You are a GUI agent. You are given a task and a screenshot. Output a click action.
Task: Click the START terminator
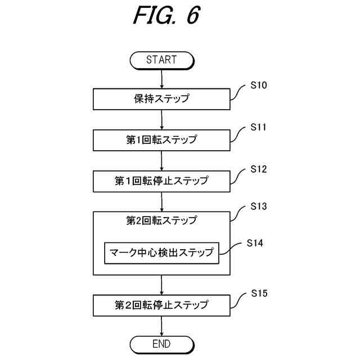point(162,60)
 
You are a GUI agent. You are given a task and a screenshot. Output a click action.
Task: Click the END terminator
point(162,344)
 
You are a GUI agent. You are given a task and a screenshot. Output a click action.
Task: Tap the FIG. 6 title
point(166,15)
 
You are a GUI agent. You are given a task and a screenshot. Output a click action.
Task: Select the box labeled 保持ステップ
point(161,99)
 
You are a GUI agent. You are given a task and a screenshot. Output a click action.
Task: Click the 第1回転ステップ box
point(161,140)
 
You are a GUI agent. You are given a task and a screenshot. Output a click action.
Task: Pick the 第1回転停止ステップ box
point(161,181)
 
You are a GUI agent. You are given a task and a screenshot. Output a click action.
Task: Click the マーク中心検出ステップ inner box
point(161,253)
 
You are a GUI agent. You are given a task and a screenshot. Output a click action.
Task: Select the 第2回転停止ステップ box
point(161,305)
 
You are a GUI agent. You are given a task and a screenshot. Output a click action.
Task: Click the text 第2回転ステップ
point(161,220)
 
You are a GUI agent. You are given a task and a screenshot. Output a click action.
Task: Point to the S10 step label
point(259,85)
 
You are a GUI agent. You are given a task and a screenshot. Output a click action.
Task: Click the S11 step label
point(258,127)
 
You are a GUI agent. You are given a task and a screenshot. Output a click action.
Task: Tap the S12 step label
point(259,169)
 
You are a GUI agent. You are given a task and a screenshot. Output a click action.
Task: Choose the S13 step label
point(259,206)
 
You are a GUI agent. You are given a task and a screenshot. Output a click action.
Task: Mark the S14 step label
point(255,243)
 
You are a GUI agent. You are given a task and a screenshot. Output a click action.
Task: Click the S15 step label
point(259,294)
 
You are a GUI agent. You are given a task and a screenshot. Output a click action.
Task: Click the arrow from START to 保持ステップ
point(162,79)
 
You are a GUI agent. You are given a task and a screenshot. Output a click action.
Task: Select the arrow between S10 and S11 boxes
point(162,120)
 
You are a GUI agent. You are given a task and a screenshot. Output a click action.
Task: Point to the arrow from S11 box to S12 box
point(162,161)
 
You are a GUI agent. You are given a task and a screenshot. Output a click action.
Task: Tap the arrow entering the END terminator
point(162,326)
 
